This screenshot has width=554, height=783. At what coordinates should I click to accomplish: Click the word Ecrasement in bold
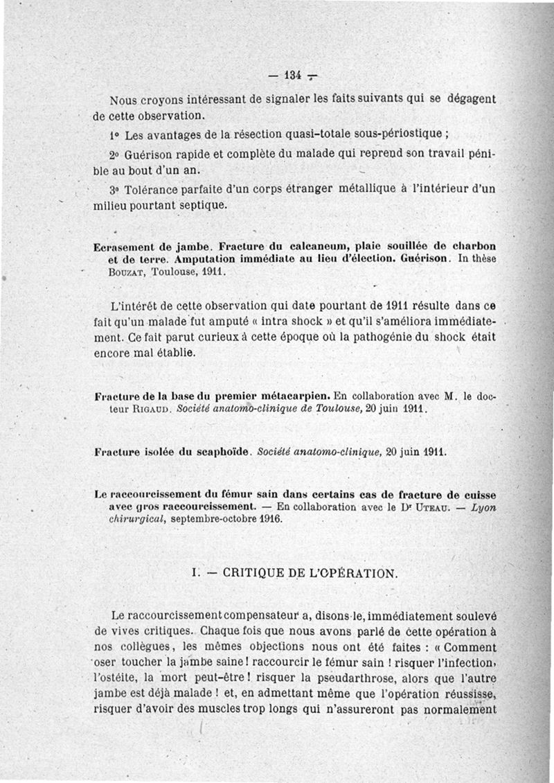click(x=123, y=246)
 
